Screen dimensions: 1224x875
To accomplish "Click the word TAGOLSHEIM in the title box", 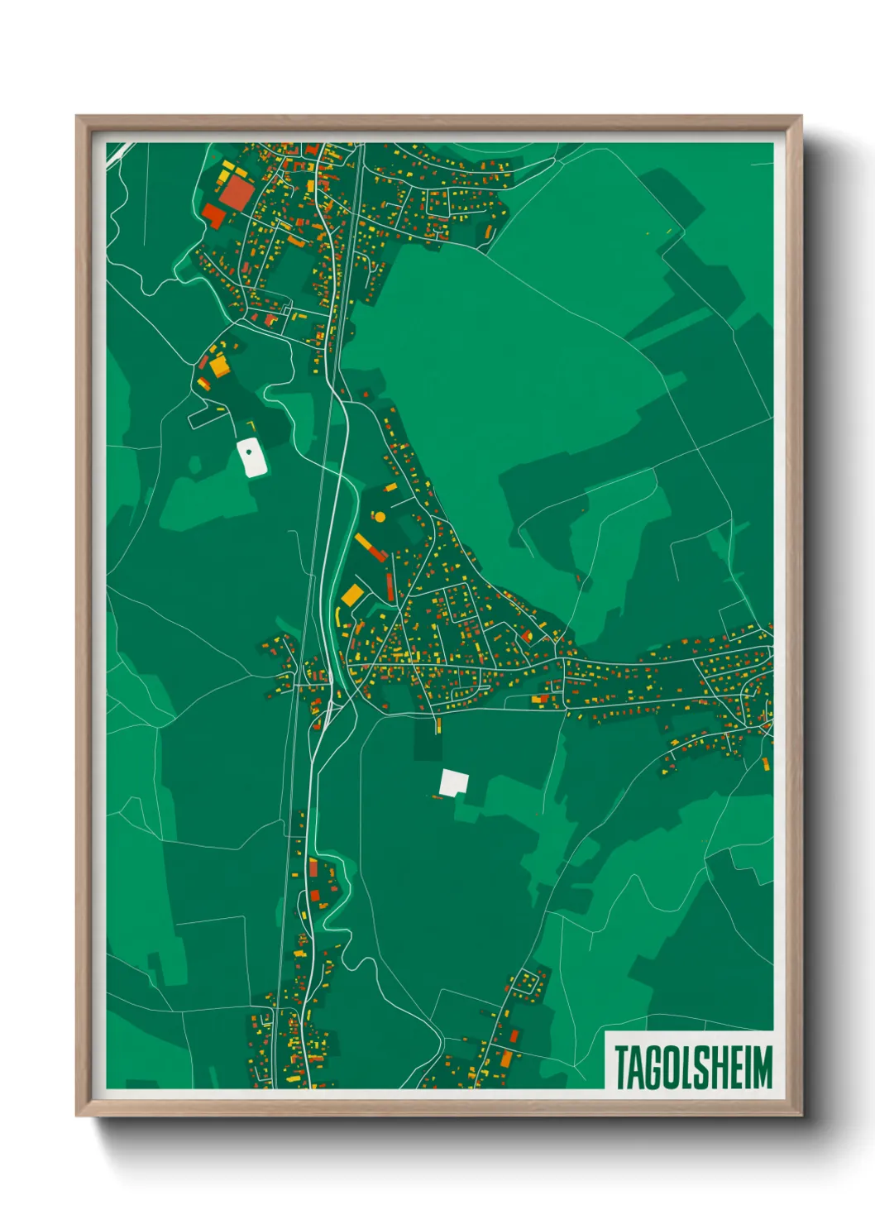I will pyautogui.click(x=693, y=1067).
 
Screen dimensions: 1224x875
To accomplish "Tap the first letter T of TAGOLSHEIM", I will pyautogui.click(x=621, y=1067).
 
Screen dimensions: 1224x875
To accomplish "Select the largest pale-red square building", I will pyautogui.click(x=237, y=193).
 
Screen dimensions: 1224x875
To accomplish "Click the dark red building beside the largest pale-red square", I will pyautogui.click(x=213, y=216).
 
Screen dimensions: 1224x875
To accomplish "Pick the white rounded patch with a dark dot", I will pyautogui.click(x=251, y=457).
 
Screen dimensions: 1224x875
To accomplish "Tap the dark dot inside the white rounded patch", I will pyautogui.click(x=248, y=452).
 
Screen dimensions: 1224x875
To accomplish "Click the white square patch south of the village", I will pyautogui.click(x=454, y=782).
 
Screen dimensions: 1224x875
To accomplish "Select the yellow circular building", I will pyautogui.click(x=380, y=518).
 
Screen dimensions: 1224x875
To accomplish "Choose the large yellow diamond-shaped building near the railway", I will pyautogui.click(x=352, y=594).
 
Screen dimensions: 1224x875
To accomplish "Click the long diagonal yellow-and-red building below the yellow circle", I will pyautogui.click(x=371, y=547).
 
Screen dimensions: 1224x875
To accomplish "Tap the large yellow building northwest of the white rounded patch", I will pyautogui.click(x=218, y=365).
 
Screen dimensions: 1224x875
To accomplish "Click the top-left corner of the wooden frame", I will pyautogui.click(x=78, y=117).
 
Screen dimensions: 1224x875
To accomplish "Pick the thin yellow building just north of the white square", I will pyautogui.click(x=438, y=726).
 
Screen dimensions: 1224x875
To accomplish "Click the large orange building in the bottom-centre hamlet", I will pyautogui.click(x=505, y=1059).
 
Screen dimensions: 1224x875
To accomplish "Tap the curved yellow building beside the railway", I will pyautogui.click(x=339, y=616).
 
